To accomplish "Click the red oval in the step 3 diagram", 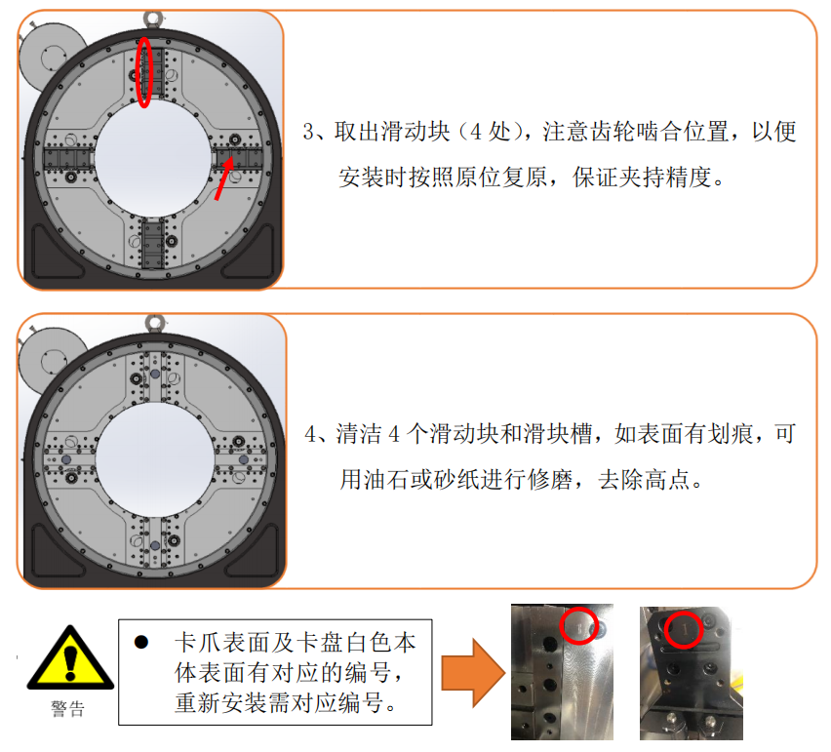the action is (137, 72).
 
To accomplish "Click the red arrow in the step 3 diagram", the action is (224, 179).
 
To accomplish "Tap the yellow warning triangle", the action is (70, 657).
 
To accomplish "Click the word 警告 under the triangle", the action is (68, 708).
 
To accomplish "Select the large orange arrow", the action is (473, 673).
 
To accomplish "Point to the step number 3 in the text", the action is (309, 132).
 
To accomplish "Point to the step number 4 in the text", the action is (311, 434).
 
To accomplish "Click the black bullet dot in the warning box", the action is (141, 643).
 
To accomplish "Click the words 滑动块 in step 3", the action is (393, 132).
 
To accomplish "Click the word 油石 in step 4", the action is (386, 480).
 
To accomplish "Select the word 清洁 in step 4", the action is (359, 434).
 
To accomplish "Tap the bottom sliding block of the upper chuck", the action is (152, 245).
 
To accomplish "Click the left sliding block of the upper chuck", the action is (68, 158).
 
